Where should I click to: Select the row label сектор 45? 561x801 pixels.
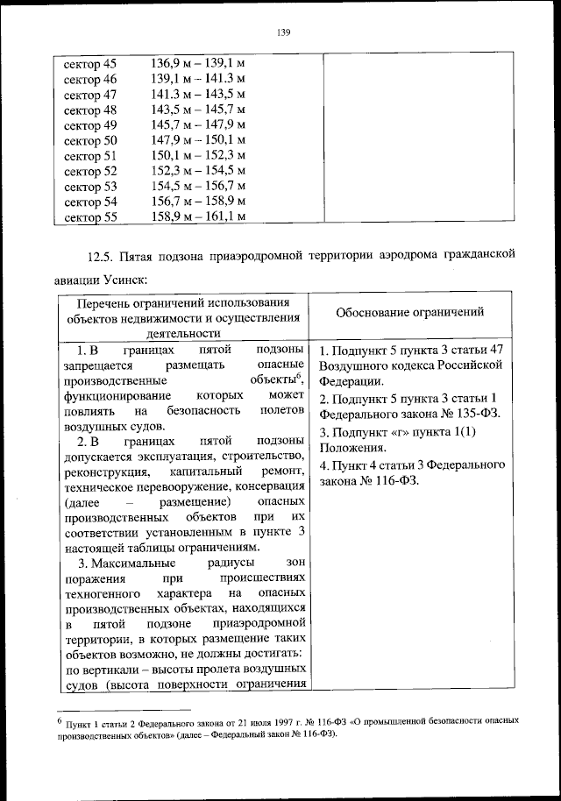pos(90,64)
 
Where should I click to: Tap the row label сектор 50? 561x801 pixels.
pos(90,140)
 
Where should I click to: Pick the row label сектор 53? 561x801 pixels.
pos(90,186)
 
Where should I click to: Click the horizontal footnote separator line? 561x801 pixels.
pos(124,710)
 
